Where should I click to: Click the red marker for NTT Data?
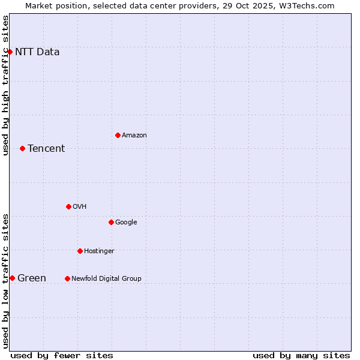coord(10,52)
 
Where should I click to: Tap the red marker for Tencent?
coord(22,149)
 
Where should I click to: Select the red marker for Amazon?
coord(118,136)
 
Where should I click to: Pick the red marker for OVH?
coord(68,207)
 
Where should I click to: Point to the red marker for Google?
coord(111,223)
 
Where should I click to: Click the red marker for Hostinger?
coord(80,251)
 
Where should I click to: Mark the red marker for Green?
coord(12,278)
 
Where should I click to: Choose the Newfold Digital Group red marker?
coord(67,279)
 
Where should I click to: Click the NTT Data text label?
coord(37,52)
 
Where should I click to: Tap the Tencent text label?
coord(46,149)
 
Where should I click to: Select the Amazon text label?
coord(134,136)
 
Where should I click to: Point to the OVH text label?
coord(80,207)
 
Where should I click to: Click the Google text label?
coord(126,223)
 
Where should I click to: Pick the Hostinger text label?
coord(99,251)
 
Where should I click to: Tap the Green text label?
coord(32,278)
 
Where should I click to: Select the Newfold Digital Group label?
coord(106,279)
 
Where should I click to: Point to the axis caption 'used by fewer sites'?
coord(62,356)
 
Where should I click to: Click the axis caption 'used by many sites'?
coord(301,356)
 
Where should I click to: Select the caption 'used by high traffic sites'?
coord(6,85)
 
